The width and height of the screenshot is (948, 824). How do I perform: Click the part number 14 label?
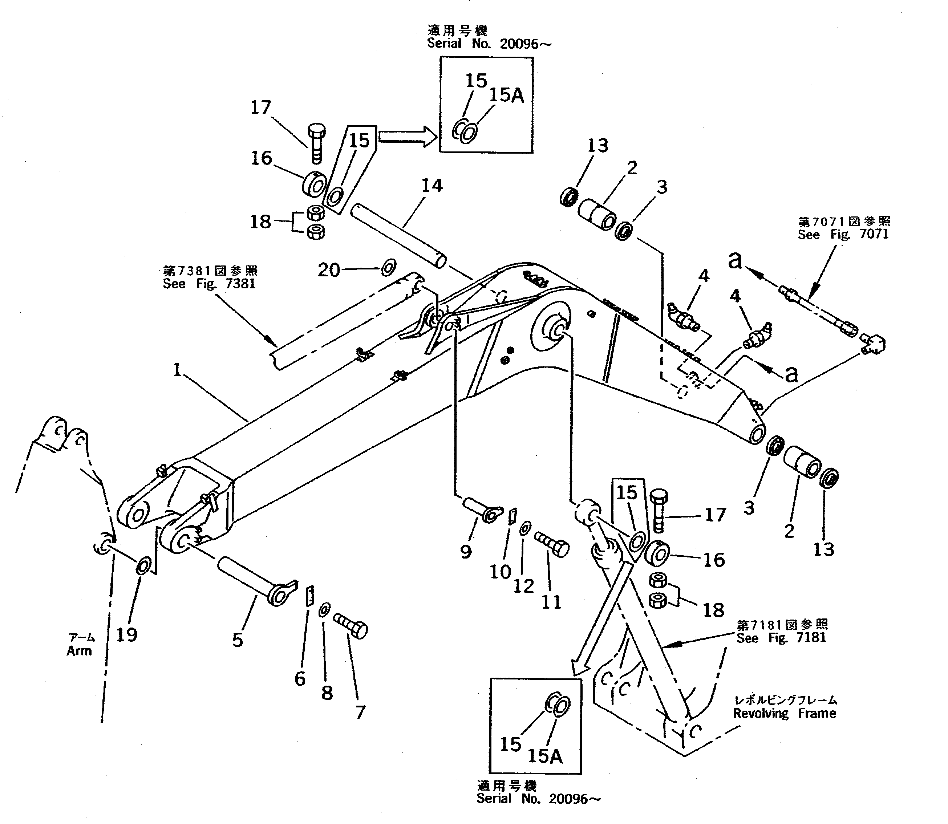(432, 186)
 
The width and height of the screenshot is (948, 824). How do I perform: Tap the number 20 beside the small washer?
(328, 270)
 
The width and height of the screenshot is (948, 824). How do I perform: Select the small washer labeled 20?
(389, 267)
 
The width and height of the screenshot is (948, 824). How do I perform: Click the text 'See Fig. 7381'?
(209, 284)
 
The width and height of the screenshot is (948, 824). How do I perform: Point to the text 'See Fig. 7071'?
(843, 235)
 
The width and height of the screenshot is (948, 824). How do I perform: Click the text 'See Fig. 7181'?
(781, 638)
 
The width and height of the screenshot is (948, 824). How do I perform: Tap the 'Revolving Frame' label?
(784, 714)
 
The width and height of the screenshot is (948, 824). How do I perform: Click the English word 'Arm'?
(79, 651)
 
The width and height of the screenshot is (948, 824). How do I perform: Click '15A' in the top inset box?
(506, 95)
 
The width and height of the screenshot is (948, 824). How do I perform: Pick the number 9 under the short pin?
(466, 551)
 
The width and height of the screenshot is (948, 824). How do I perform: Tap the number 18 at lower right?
(713, 610)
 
